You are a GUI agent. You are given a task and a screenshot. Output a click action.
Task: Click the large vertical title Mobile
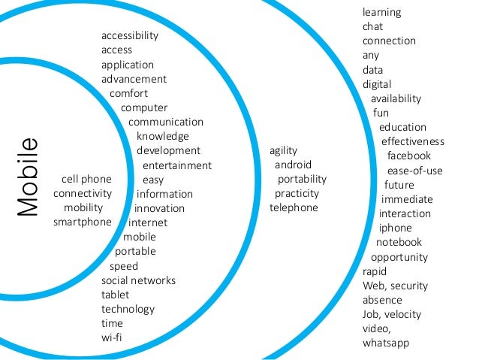click(29, 177)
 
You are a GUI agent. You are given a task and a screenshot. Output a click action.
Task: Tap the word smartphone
click(83, 222)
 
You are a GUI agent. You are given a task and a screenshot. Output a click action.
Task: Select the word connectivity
click(83, 193)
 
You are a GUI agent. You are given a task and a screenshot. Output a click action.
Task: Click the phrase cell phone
click(86, 179)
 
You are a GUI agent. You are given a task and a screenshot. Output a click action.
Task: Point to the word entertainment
click(177, 165)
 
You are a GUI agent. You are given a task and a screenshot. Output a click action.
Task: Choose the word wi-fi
click(112, 337)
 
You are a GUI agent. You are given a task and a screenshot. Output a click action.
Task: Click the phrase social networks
click(138, 280)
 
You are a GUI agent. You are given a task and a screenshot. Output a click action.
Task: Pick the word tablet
click(116, 295)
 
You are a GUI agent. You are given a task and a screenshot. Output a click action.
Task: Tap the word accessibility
click(130, 35)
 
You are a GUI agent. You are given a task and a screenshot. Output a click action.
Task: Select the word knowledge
click(163, 136)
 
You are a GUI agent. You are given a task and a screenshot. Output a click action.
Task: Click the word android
click(293, 165)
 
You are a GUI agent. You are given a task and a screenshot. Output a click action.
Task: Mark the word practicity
click(297, 193)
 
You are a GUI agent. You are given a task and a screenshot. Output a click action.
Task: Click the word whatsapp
click(386, 343)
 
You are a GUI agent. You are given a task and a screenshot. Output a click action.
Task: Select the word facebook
click(408, 156)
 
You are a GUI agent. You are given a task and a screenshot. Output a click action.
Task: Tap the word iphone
click(395, 228)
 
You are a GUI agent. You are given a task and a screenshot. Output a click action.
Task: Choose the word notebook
click(399, 242)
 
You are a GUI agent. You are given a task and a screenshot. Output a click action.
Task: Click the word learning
click(381, 12)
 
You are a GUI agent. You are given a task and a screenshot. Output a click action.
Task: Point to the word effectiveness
click(413, 141)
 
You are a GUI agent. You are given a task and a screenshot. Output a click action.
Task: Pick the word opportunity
click(399, 257)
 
